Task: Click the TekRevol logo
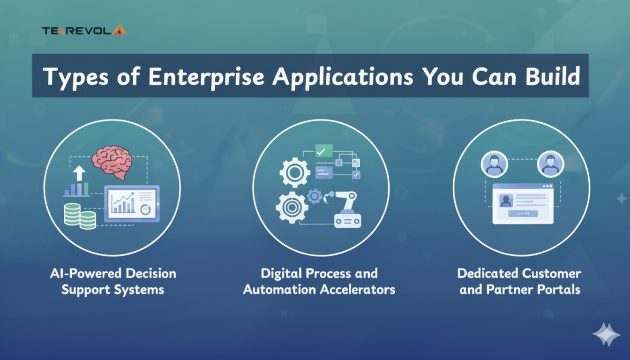click(x=84, y=30)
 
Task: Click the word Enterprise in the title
click(x=206, y=77)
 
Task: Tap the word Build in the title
click(x=553, y=76)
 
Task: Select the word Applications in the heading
click(x=343, y=77)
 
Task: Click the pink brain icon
click(x=112, y=162)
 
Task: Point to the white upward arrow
click(x=79, y=172)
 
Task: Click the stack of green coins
click(x=80, y=216)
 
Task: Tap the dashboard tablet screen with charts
click(x=132, y=203)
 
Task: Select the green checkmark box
click(x=324, y=151)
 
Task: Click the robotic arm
click(x=343, y=209)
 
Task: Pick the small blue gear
click(x=315, y=196)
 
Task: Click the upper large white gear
click(x=295, y=172)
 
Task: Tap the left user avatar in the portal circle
click(x=494, y=164)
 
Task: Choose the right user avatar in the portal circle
click(x=550, y=164)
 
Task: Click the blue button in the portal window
click(x=523, y=214)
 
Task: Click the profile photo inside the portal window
click(x=506, y=201)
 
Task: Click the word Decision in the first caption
click(x=151, y=273)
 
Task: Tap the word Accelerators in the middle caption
click(x=358, y=289)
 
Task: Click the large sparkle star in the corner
click(x=607, y=335)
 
